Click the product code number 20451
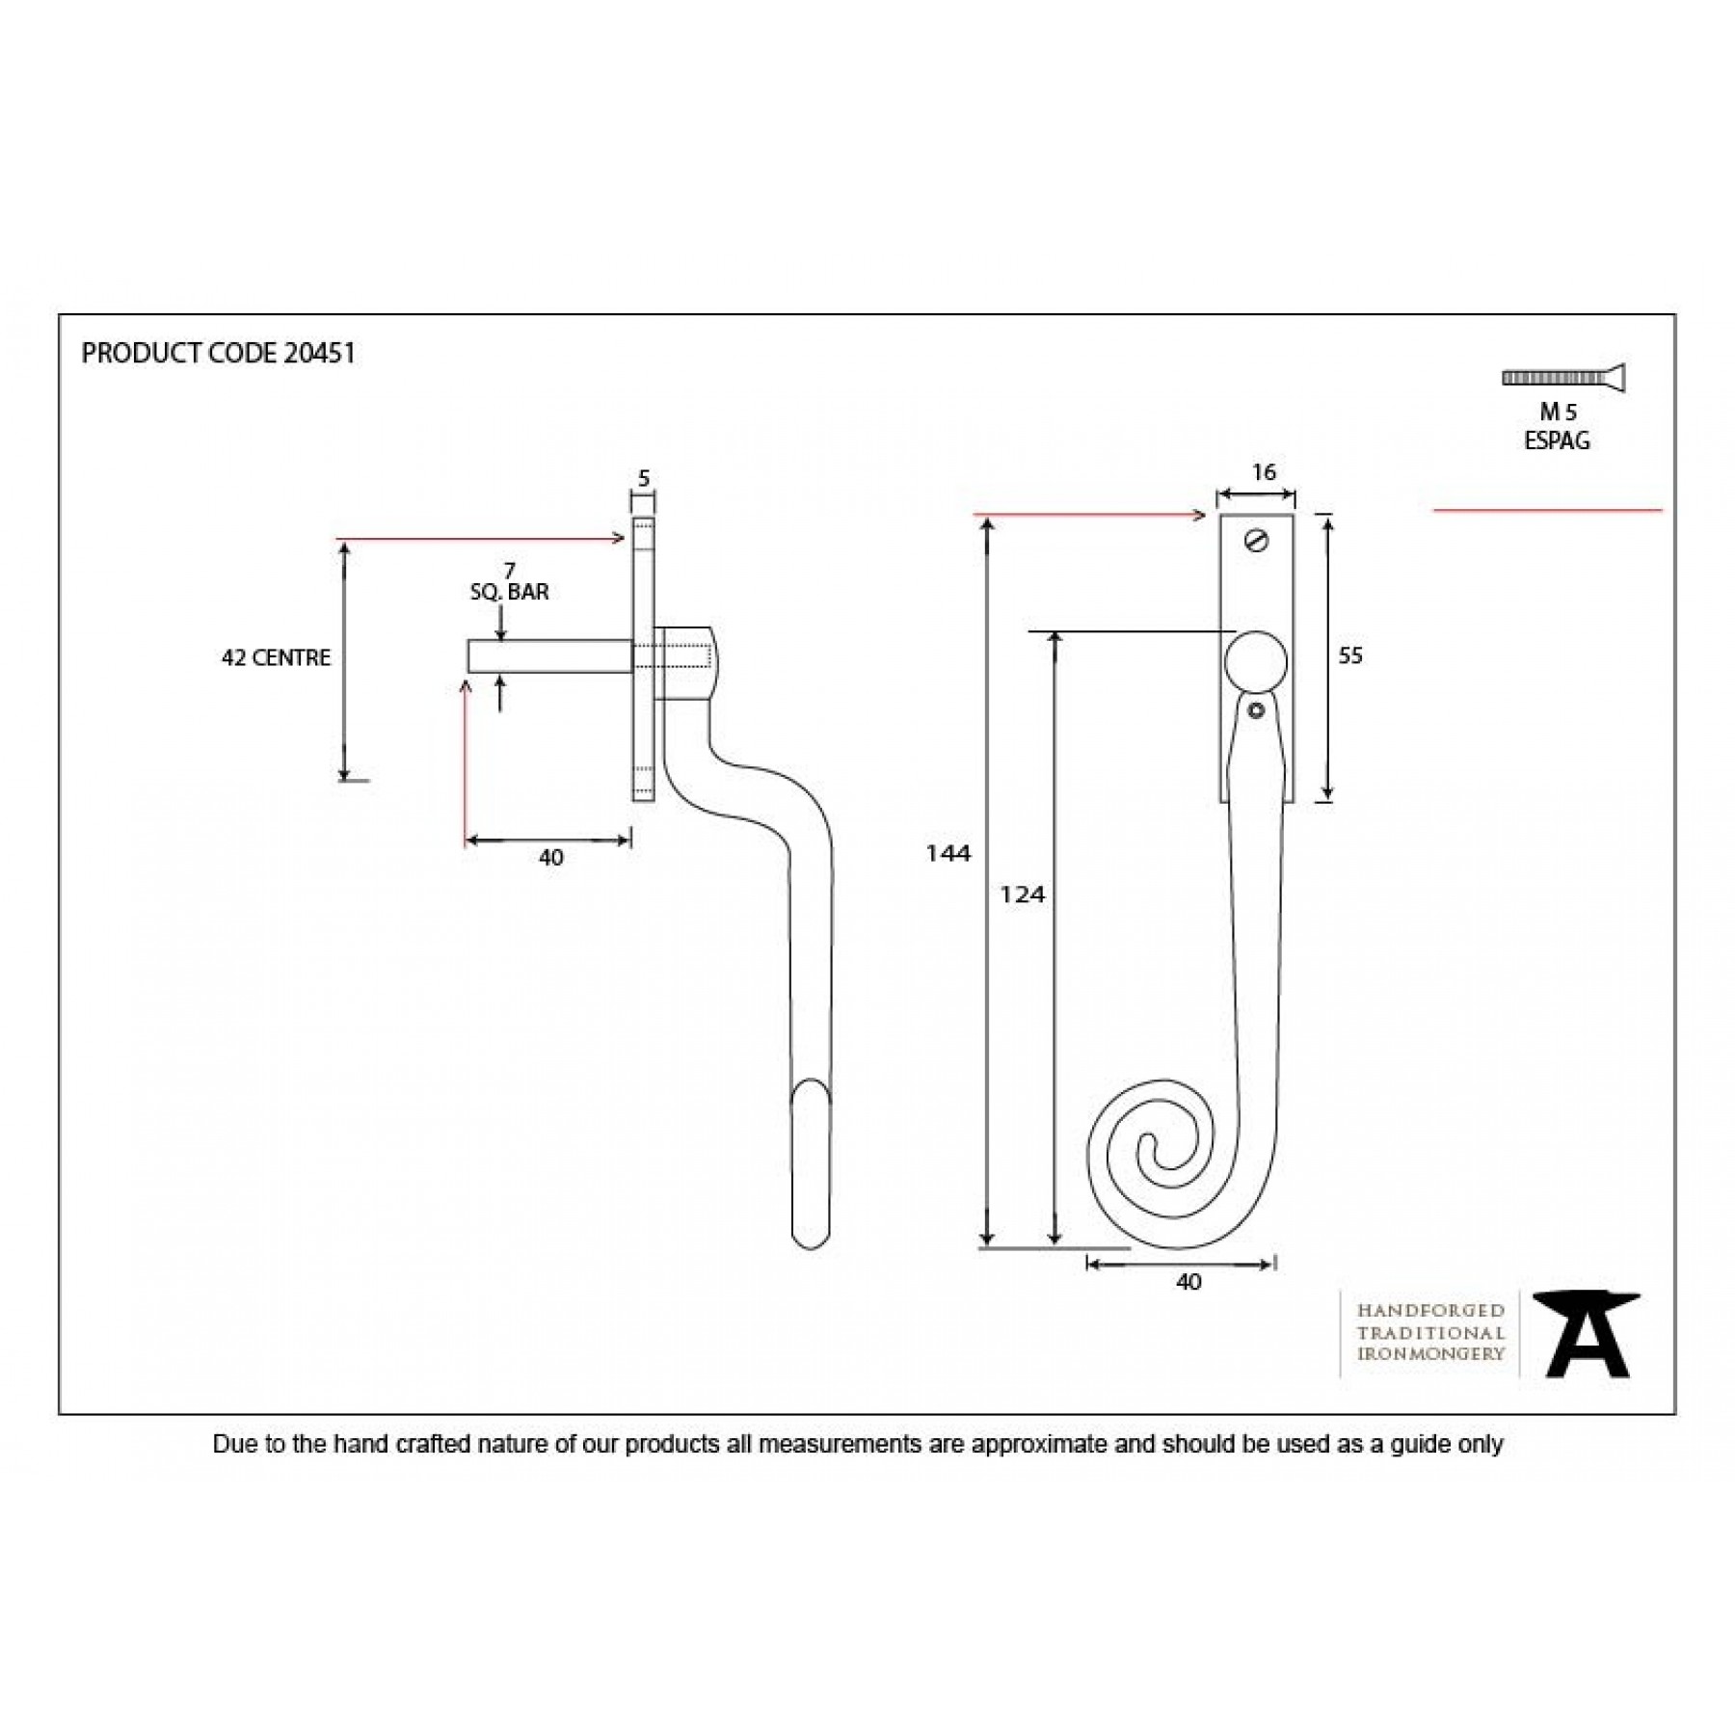click(x=320, y=353)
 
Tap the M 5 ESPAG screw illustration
click(x=1563, y=378)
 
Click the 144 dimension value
click(x=948, y=853)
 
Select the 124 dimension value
click(x=1023, y=894)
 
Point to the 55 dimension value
click(x=1350, y=655)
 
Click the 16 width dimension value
click(x=1264, y=472)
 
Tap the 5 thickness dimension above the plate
click(x=644, y=478)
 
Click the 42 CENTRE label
click(x=276, y=657)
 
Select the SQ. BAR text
click(x=509, y=592)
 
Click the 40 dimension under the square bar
click(x=550, y=857)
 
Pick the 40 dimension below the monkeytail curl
click(x=1188, y=1282)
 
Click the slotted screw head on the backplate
click(x=1256, y=541)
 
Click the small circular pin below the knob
click(x=1255, y=710)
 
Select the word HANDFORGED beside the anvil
click(x=1430, y=1311)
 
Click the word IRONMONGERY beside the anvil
click(x=1430, y=1354)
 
